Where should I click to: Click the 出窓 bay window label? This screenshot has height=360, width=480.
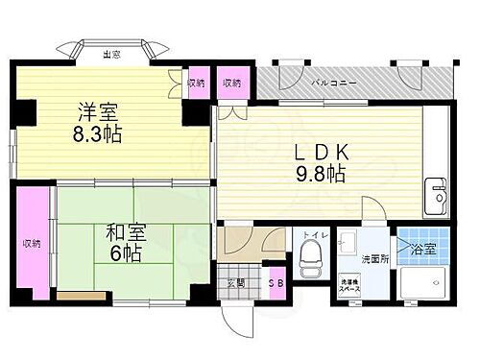click(111, 54)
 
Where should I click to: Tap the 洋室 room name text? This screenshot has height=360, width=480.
click(92, 111)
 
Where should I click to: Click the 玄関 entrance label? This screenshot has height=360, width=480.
click(236, 282)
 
